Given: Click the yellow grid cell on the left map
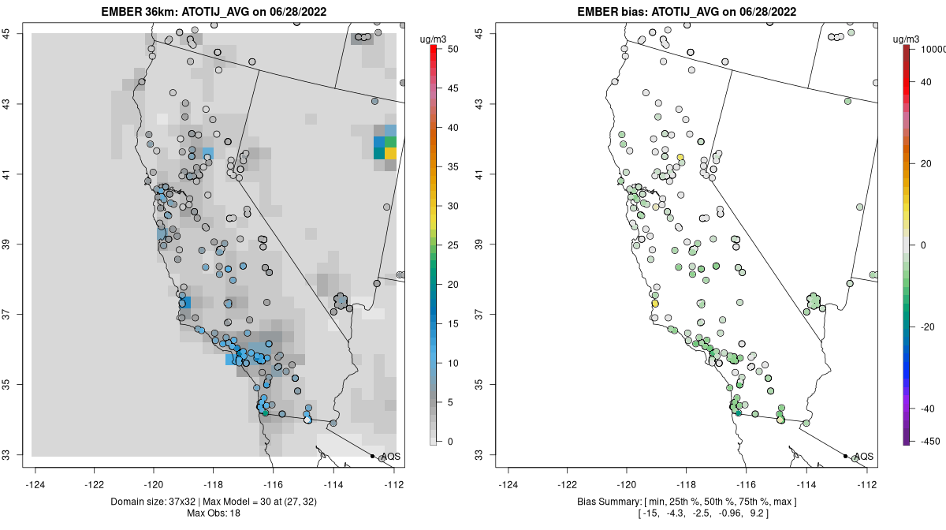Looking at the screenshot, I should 390,153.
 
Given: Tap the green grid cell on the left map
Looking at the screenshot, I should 390,141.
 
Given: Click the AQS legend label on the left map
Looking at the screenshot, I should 390,457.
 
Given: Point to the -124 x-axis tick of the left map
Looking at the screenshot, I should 35,484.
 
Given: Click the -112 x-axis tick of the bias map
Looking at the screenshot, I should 867,484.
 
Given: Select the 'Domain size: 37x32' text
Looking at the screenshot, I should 151,502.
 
